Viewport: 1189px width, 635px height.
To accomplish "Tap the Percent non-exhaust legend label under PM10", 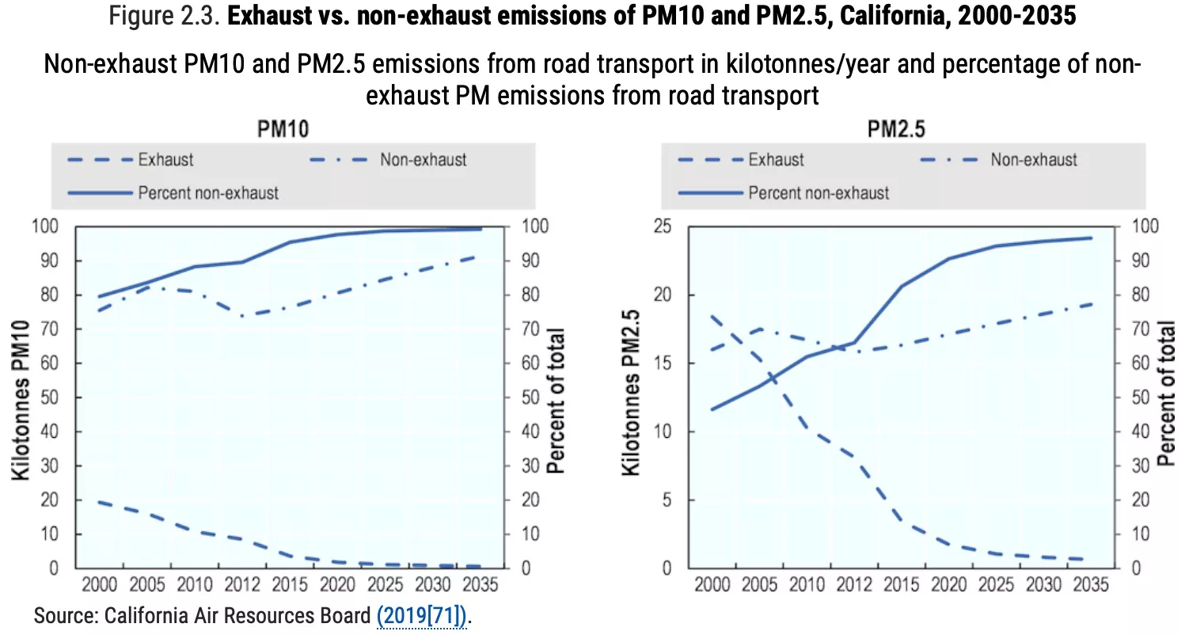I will click(x=208, y=192).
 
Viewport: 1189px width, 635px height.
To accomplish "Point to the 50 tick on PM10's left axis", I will click(x=50, y=398).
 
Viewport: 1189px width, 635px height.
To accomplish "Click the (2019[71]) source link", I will click(x=421, y=614).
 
